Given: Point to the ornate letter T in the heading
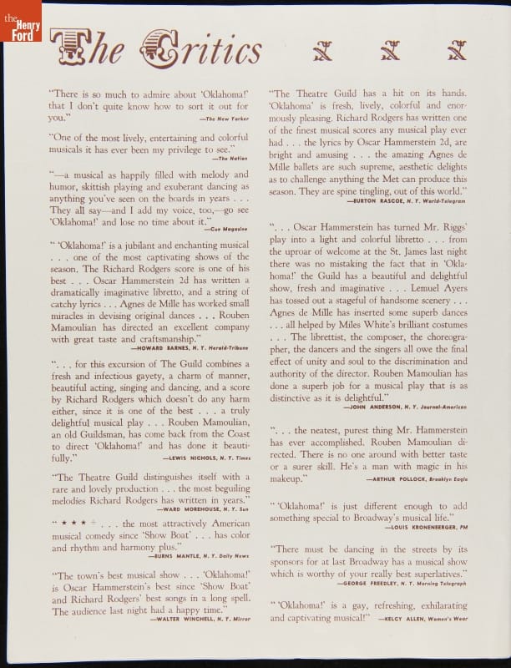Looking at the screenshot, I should pos(67,48).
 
